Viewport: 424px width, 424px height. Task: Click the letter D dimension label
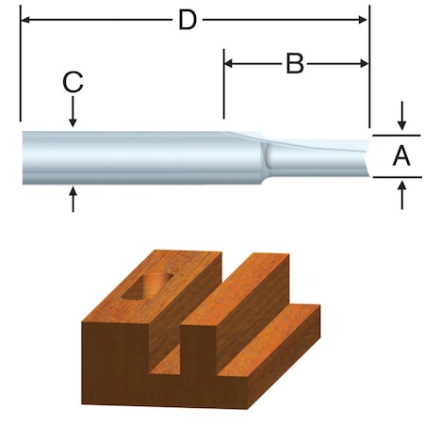188,19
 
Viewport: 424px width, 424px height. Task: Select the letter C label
73,83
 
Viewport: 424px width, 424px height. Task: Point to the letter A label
402,156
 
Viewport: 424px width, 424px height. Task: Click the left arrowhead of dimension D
25,19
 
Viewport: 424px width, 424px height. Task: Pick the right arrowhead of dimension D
363,19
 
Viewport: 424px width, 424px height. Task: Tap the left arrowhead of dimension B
230,64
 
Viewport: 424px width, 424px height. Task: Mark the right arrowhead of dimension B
363,64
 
